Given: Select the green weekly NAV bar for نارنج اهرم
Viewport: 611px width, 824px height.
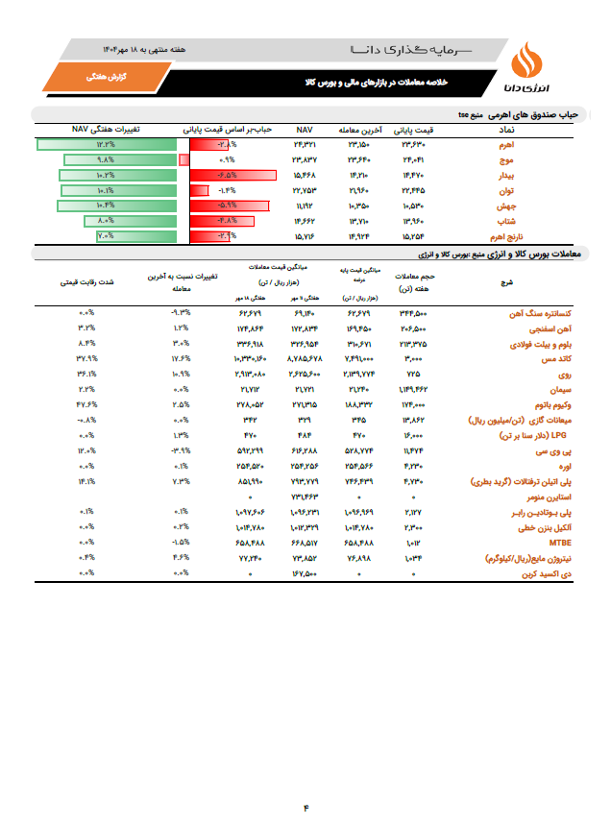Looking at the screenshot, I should (100, 236).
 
